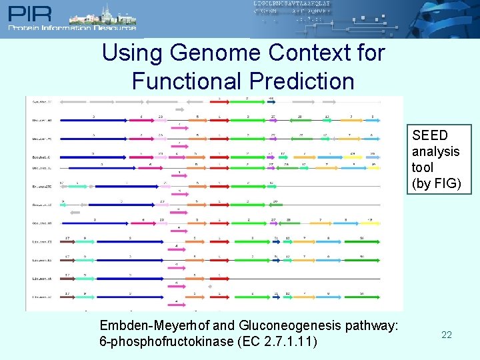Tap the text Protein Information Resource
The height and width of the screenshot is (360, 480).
[72, 27]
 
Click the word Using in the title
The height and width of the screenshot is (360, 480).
[133, 53]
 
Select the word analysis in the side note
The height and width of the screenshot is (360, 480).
[436, 151]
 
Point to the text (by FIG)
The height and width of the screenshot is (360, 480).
[436, 183]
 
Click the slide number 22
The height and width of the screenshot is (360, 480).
[447, 335]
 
